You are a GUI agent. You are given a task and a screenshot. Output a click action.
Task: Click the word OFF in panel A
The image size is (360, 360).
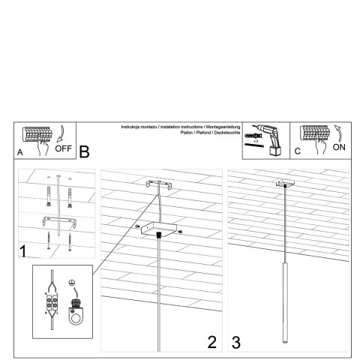coord(63,148)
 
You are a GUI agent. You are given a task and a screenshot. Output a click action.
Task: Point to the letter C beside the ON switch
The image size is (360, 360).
coord(297,151)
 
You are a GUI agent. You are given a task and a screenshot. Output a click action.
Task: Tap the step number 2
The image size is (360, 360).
coord(211,342)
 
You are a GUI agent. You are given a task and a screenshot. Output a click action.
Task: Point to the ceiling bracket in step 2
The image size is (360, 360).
coord(158,184)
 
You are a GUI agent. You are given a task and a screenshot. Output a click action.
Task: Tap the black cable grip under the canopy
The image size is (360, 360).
coord(158,235)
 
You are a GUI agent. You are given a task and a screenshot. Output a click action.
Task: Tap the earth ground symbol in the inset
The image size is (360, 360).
coord(72,284)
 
